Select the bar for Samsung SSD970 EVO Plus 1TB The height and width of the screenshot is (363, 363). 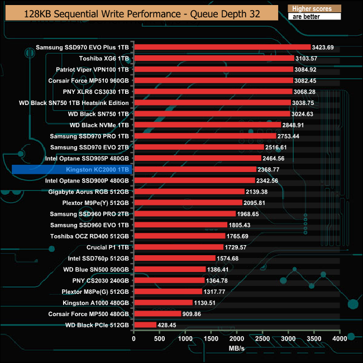222,47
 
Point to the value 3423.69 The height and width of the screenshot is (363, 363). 323,47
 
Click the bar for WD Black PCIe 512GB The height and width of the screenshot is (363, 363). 145,324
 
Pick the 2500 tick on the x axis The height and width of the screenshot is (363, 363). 262,338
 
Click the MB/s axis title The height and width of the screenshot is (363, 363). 237,348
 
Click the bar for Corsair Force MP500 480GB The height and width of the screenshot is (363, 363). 158,313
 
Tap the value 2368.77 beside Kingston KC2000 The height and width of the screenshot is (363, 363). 272,169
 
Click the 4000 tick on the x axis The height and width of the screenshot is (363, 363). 340,338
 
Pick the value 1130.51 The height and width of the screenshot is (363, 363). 206,302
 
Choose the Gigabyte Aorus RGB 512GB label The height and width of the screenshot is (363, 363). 89,192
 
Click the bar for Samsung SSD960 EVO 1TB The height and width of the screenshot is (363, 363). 180,225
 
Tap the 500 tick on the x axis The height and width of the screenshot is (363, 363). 160,338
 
